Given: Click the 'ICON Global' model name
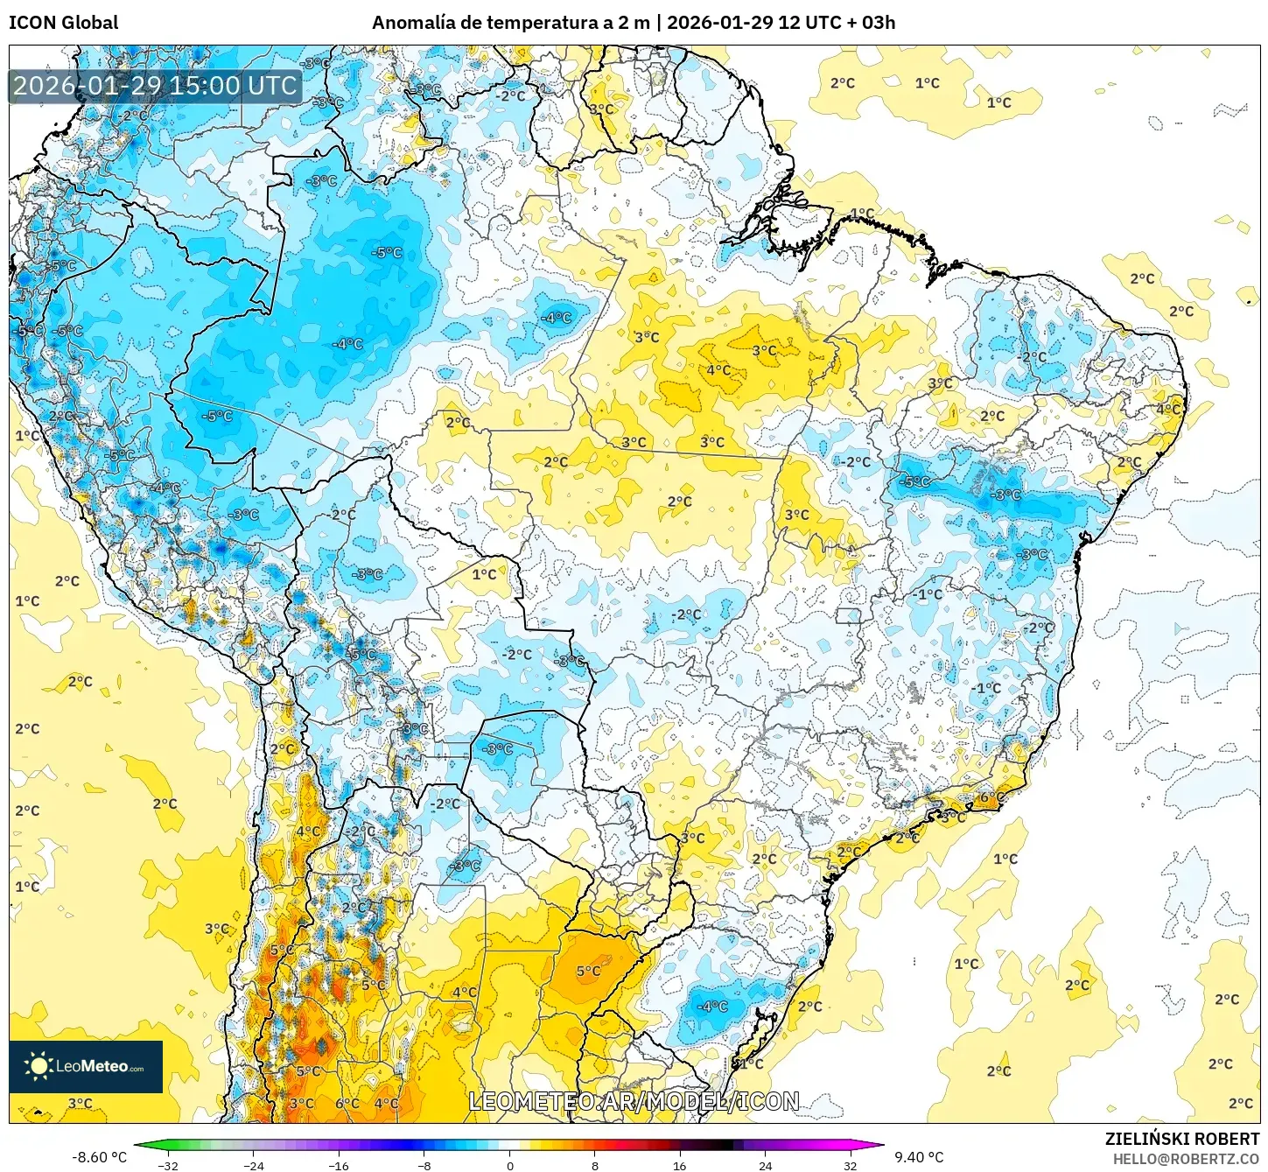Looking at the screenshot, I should pos(63,23).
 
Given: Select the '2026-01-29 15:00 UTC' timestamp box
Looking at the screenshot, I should pos(155,86).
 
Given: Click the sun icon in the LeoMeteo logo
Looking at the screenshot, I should pos(39,1065).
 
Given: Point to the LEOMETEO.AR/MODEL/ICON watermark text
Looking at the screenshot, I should pos(634,1101).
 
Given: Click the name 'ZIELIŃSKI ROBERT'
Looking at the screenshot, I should pos(1181,1139).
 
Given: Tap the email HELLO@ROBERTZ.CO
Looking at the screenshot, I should pos(1186,1158).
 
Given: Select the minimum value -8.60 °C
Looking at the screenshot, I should pos(99,1157).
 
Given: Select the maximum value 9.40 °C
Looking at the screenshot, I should pos(918,1157).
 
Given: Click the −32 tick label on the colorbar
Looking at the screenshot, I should pos(167,1165).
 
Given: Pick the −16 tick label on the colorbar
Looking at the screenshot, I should pos(338,1165).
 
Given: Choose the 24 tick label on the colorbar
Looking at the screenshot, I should pos(765,1165).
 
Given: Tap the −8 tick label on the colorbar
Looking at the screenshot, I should pos(424,1165).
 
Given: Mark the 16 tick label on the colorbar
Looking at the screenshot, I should pos(680,1165).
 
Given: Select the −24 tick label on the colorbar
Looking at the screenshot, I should pos(253,1165).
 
